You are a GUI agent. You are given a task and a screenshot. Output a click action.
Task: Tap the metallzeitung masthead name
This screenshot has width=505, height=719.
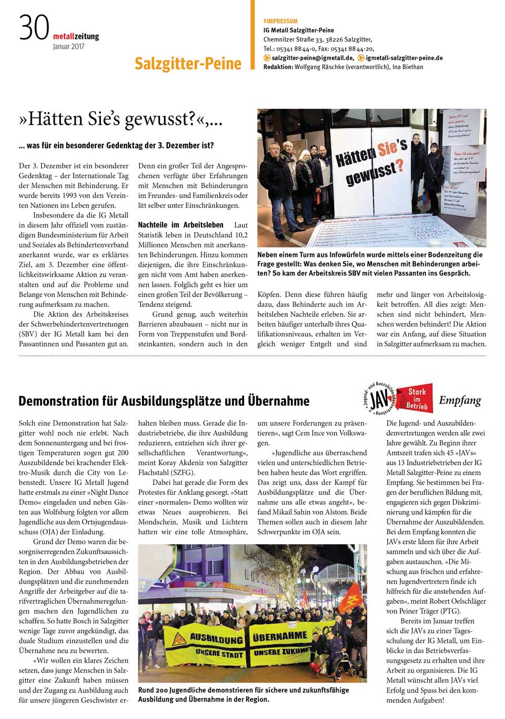tap(76, 36)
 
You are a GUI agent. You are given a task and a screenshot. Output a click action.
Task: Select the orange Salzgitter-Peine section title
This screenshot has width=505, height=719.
tap(188, 64)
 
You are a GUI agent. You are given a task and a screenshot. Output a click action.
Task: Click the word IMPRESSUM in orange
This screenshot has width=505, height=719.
tap(282, 21)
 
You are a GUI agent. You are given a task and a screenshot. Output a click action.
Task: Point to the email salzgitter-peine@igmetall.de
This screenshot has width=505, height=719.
tap(312, 58)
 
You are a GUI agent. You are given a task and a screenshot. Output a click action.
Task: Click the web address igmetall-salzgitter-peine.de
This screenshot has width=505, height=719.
tap(404, 58)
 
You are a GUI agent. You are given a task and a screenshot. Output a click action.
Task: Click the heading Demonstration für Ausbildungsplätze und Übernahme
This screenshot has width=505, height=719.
tap(164, 401)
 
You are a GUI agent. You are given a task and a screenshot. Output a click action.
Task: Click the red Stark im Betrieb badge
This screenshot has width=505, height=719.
tap(417, 398)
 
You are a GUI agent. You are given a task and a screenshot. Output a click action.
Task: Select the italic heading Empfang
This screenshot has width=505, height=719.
tap(460, 401)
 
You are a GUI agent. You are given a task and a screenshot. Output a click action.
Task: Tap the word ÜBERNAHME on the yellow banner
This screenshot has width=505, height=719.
tap(279, 636)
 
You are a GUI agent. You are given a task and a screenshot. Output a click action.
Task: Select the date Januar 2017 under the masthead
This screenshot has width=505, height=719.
tap(68, 46)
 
